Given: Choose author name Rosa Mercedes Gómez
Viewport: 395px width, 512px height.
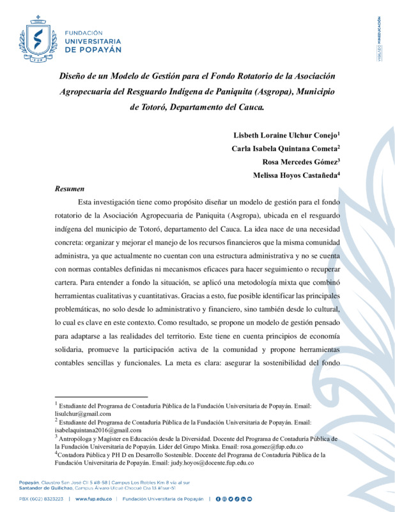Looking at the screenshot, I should [303, 162].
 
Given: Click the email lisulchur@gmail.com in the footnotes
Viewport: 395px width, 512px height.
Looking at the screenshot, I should [83, 413].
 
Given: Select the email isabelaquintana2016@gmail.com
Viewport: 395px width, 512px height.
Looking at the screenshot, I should [98, 430].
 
